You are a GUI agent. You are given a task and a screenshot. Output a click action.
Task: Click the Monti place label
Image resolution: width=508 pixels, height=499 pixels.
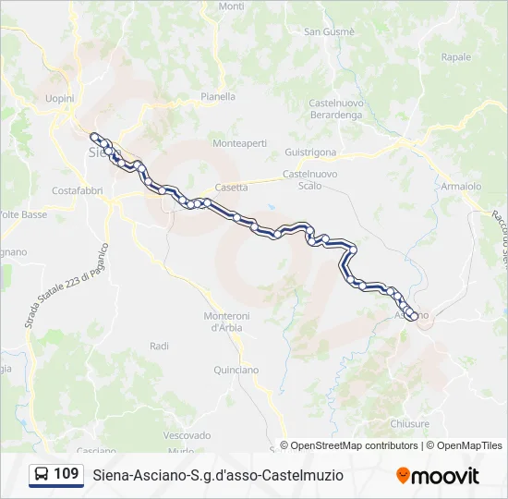click(232, 6)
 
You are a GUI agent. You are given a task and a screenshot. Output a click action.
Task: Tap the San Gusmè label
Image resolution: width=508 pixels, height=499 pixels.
click(330, 31)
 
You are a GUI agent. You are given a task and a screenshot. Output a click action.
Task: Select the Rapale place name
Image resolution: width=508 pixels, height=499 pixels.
click(455, 57)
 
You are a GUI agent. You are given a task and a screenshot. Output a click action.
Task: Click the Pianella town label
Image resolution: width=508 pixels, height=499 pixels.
click(218, 96)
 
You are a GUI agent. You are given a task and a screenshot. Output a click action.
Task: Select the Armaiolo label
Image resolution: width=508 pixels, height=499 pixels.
click(461, 186)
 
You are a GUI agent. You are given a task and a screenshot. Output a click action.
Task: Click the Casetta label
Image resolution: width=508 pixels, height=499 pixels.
click(231, 187)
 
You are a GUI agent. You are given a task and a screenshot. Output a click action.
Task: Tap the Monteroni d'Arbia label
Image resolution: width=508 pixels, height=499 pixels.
click(226, 322)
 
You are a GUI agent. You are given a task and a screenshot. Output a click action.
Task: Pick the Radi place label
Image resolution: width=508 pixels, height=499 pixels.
click(159, 346)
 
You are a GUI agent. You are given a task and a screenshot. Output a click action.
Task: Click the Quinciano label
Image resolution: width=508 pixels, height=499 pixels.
click(236, 371)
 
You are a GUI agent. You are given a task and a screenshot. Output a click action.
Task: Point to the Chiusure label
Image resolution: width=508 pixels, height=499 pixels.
click(410, 424)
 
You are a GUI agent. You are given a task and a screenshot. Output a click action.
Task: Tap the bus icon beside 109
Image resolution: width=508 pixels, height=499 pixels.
click(42, 475)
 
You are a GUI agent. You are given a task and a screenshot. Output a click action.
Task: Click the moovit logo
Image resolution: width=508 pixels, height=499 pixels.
click(438, 476)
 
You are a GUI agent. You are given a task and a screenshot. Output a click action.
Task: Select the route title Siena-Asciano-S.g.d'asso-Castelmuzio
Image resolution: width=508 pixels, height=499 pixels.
click(218, 475)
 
